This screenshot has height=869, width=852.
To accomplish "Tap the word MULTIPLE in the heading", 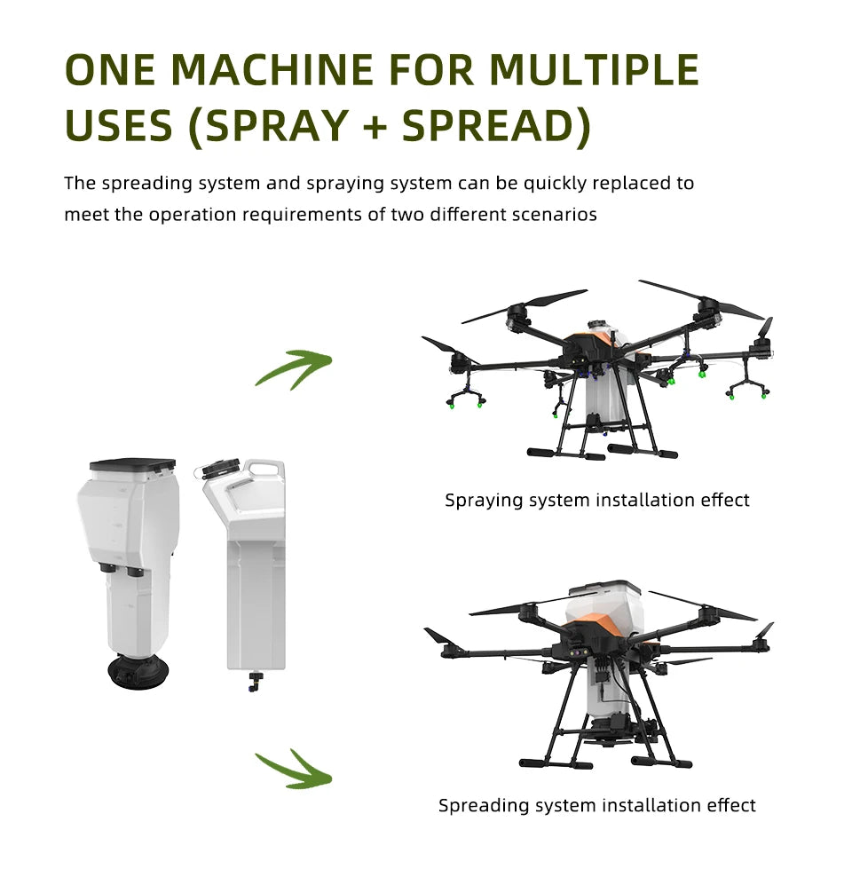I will (595, 70).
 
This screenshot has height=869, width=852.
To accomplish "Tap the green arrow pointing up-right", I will (294, 366).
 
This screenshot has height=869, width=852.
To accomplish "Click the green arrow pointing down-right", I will (294, 769).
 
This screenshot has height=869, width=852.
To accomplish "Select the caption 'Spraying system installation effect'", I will (596, 500).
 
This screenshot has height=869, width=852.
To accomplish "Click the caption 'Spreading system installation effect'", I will (596, 805).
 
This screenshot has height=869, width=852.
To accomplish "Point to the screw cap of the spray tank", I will (217, 468).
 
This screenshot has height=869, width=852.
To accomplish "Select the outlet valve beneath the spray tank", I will (255, 682).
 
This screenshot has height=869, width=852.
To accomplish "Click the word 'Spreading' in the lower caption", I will (483, 805).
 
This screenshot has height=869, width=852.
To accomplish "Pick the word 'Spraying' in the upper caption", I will (484, 500).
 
